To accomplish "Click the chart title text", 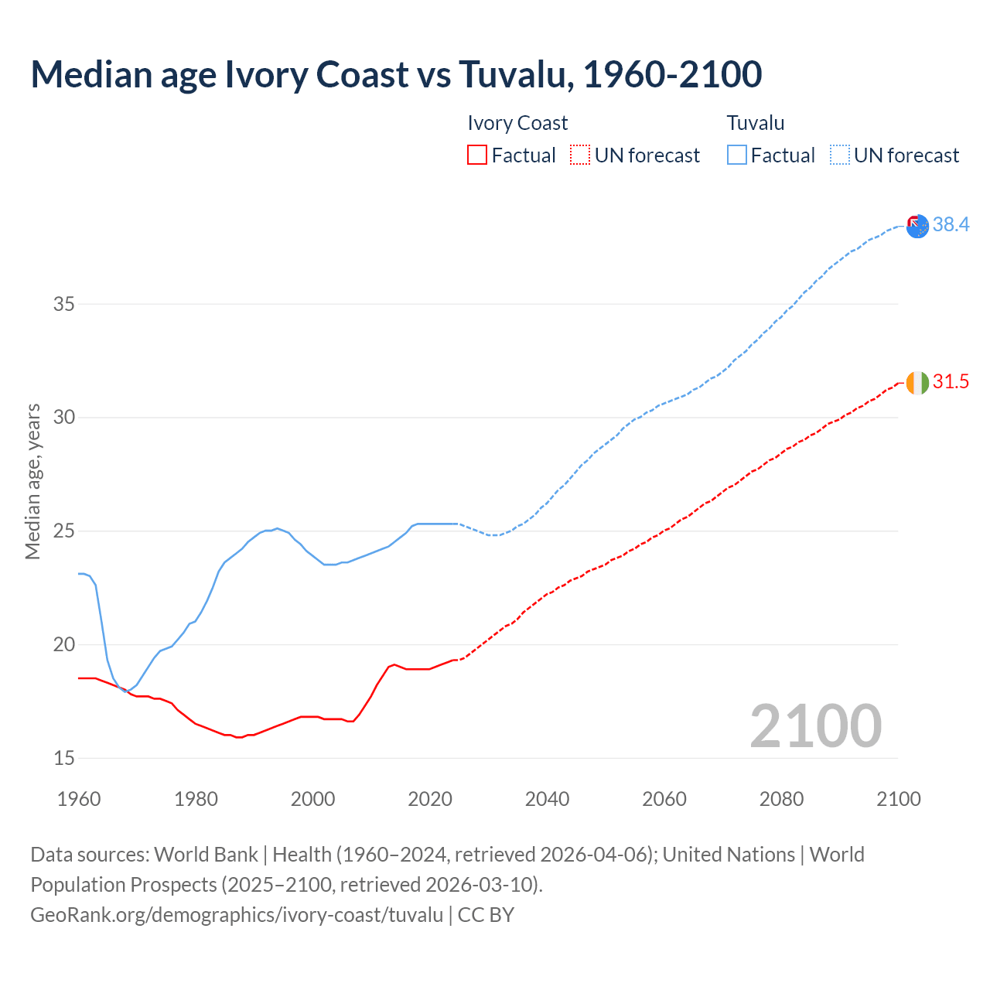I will pyautogui.click(x=396, y=74).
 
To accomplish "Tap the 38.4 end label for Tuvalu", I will pyautogui.click(x=951, y=224).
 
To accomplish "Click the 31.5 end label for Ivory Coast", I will pyautogui.click(x=951, y=381).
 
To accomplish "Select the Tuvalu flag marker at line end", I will pyautogui.click(x=917, y=227).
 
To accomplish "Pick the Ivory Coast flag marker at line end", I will pyautogui.click(x=917, y=383).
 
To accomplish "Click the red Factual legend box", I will pyautogui.click(x=477, y=155).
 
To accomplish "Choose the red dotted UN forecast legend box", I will pyautogui.click(x=580, y=155).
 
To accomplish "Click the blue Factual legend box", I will pyautogui.click(x=737, y=155).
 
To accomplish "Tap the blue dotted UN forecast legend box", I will pyautogui.click(x=840, y=155).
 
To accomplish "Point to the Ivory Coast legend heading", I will pyautogui.click(x=517, y=123).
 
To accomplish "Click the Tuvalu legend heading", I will pyautogui.click(x=756, y=123).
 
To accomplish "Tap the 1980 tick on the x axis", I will pyautogui.click(x=196, y=799).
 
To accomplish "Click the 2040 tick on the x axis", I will pyautogui.click(x=547, y=799).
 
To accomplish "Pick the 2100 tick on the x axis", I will pyautogui.click(x=899, y=799).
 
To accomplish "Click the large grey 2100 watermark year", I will pyautogui.click(x=816, y=725).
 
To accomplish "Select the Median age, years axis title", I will pyautogui.click(x=32, y=481).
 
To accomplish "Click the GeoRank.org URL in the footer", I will pyautogui.click(x=237, y=914).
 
